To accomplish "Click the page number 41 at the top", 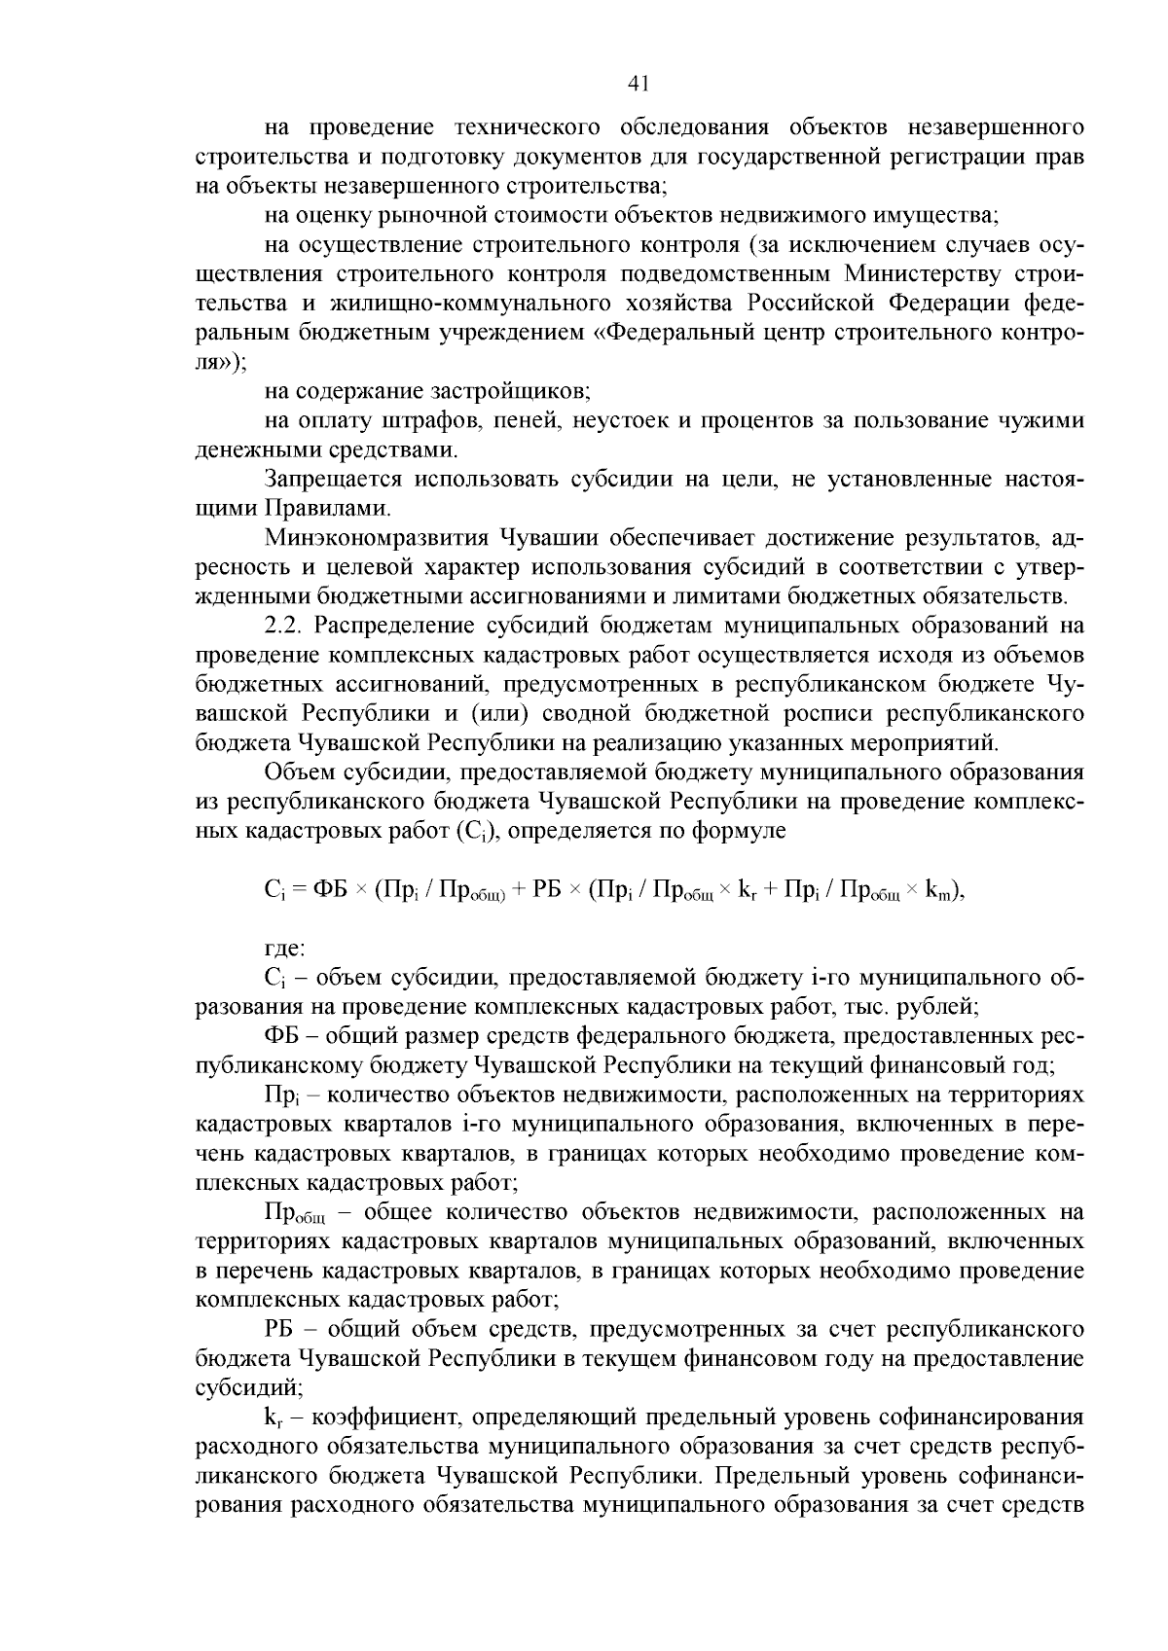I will pos(639,84).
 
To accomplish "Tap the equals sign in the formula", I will pos(299,889).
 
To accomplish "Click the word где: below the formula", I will pos(285,947).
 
